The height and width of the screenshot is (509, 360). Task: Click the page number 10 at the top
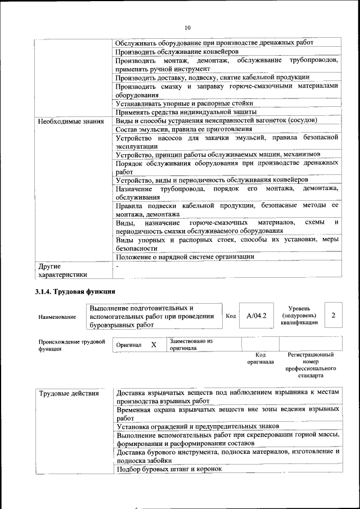pos(187,26)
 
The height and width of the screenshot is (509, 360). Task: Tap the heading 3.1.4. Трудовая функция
pos(75,292)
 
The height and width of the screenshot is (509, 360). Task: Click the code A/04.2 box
pos(256,316)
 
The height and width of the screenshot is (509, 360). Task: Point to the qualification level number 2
pos(333,316)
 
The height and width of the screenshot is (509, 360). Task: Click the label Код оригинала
pos(260,358)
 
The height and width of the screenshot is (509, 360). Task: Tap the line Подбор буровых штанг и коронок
pos(169,469)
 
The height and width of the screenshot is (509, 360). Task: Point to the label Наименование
pos(57,317)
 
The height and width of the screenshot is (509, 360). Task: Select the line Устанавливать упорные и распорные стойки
pos(184,103)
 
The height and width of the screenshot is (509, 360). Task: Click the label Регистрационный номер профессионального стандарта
pos(310,365)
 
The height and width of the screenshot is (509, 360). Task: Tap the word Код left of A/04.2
pos(230,316)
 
